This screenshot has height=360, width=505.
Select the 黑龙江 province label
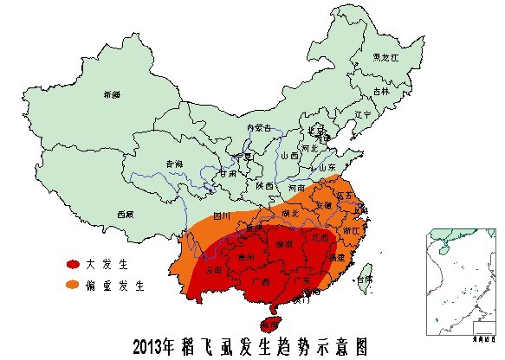pos(385,57)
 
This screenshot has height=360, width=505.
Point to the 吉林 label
pos(381,91)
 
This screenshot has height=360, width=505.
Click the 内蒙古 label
pos(259,128)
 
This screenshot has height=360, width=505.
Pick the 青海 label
pos(174,164)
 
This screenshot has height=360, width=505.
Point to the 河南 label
pos(297,187)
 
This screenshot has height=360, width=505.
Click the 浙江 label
pos(351,231)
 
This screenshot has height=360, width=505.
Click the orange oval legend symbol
pos(74,284)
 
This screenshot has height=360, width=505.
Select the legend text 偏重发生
pos(122,284)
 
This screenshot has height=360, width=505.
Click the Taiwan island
pos(362,279)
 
